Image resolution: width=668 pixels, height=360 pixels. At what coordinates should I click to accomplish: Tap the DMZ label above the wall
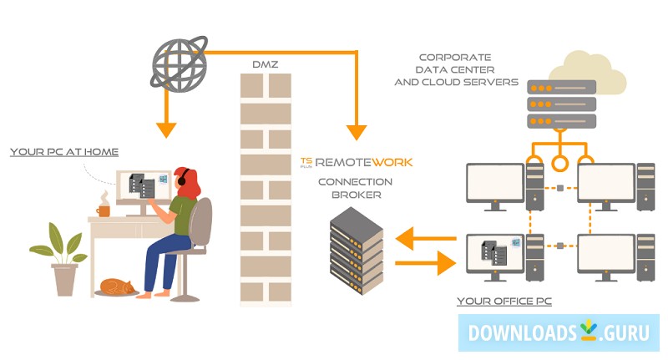265,64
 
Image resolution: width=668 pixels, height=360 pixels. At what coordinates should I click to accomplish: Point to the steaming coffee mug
103,210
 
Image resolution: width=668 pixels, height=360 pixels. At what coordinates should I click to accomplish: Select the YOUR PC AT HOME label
64,152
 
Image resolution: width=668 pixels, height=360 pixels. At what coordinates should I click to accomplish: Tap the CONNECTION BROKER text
355,188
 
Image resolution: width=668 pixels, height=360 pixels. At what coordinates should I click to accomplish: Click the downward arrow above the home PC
167,125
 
